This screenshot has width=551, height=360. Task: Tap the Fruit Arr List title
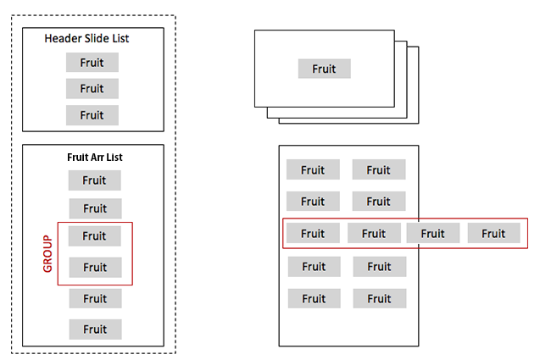tap(95, 158)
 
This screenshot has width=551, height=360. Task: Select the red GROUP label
tap(47, 253)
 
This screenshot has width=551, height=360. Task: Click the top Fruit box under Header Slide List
tap(92, 63)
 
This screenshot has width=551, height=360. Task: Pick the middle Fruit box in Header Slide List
tap(92, 89)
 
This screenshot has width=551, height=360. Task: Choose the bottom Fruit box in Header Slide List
tap(92, 115)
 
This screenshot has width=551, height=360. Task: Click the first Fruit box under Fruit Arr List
tap(95, 180)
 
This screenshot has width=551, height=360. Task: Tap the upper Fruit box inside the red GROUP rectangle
tap(95, 236)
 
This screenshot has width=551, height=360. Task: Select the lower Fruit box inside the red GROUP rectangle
tap(95, 268)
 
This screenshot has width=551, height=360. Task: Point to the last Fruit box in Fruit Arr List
tap(95, 330)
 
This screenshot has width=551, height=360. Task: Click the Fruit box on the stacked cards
tap(324, 69)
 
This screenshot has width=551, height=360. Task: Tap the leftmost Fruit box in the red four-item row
tap(313, 234)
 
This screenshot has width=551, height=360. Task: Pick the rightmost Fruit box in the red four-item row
tap(493, 234)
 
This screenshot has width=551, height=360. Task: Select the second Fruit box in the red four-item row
tap(373, 234)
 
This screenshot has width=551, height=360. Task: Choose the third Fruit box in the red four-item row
tap(433, 234)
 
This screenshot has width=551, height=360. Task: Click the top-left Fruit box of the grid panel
tap(313, 170)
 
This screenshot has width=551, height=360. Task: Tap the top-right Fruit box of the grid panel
tap(379, 170)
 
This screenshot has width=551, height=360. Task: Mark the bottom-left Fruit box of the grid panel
tap(314, 299)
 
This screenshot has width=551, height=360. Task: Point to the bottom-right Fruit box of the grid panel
tap(380, 299)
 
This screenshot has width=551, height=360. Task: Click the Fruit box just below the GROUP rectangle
tap(95, 299)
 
